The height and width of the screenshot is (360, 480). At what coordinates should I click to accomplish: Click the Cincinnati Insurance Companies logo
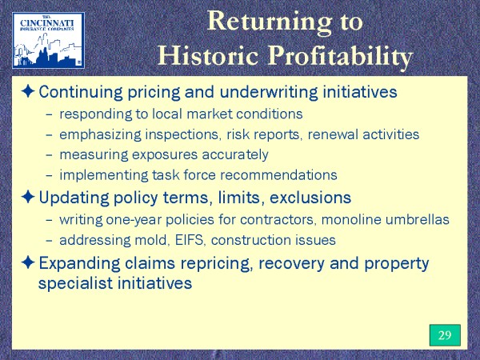click(48, 40)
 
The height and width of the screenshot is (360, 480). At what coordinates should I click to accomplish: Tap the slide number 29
click(445, 335)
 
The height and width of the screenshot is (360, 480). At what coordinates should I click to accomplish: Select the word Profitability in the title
click(341, 57)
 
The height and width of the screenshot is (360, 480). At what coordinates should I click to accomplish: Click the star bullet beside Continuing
click(28, 91)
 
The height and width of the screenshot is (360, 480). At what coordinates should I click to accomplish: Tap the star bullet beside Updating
click(28, 197)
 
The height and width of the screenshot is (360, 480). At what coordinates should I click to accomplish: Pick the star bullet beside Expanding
click(28, 262)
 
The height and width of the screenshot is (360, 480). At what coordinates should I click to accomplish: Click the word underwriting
click(269, 92)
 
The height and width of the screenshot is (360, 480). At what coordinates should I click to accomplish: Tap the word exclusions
click(310, 198)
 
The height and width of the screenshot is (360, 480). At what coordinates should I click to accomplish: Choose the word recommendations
click(278, 175)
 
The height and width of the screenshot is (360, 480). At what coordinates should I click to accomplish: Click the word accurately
click(235, 155)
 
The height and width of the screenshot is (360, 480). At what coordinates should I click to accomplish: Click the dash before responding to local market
click(49, 114)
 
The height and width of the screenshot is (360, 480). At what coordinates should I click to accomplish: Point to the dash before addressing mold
click(49, 241)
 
